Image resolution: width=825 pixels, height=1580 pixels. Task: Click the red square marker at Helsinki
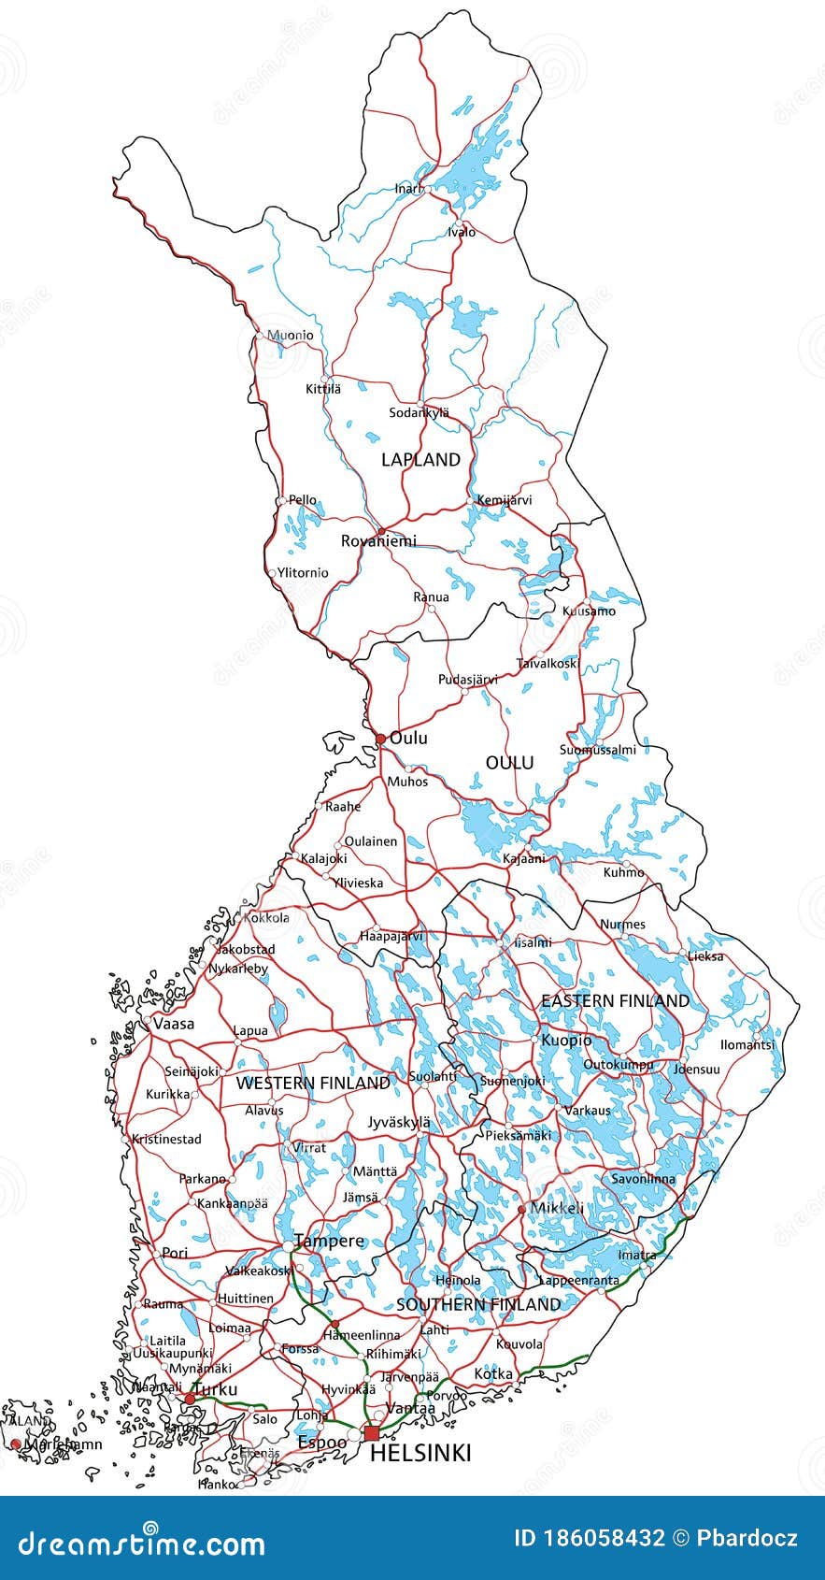pos(372,1433)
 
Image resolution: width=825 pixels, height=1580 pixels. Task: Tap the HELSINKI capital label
pos(420,1453)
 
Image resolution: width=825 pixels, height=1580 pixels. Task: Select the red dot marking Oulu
pos(380,739)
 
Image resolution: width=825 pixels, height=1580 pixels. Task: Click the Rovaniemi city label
pos(378,541)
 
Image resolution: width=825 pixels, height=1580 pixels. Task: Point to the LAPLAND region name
pos(420,459)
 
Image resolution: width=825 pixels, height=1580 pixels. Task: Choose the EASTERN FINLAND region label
pos(615,1000)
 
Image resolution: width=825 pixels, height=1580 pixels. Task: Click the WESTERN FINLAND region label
pos(313,1083)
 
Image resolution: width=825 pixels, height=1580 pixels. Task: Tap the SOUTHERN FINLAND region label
pos(478,1304)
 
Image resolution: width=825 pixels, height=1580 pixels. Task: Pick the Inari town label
pos(408,189)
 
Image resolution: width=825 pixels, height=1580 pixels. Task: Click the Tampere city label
pos(329,1242)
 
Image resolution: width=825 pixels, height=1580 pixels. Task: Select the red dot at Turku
pos(190,1398)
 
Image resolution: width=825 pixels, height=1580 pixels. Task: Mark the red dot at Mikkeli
pos(521,1209)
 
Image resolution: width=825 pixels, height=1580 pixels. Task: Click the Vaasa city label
pos(174,1024)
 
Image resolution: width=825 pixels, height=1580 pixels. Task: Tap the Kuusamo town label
pos(589,611)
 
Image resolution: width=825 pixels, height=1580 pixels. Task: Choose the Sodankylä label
pos(419,412)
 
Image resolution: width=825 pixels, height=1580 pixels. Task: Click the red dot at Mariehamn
pos(15,1444)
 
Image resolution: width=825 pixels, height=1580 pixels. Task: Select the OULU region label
pos(509,763)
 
